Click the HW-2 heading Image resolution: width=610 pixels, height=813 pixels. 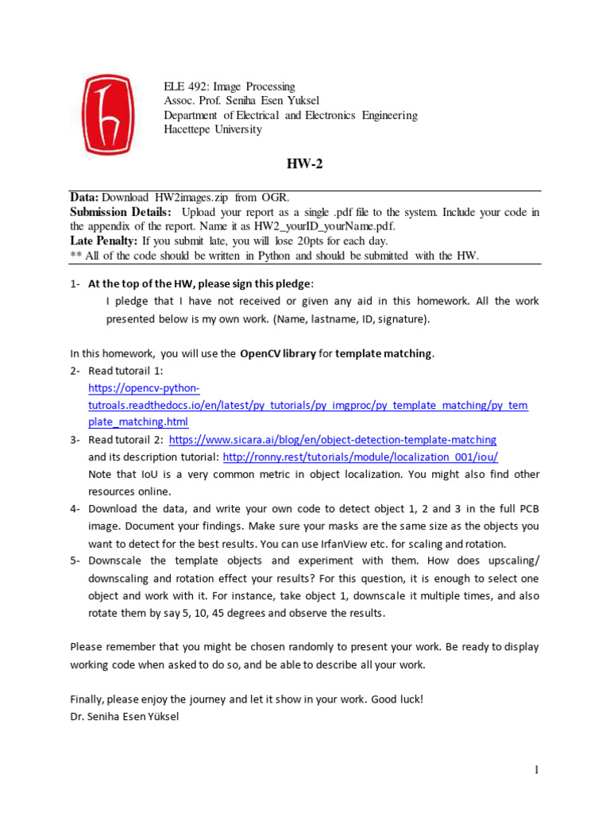(305, 164)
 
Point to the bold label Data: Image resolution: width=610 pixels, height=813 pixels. (84, 198)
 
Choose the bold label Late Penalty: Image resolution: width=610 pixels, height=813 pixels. (104, 241)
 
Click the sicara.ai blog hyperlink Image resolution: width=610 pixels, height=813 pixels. (333, 440)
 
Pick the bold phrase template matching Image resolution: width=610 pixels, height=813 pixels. (384, 354)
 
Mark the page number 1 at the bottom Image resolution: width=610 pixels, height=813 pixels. (536, 770)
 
